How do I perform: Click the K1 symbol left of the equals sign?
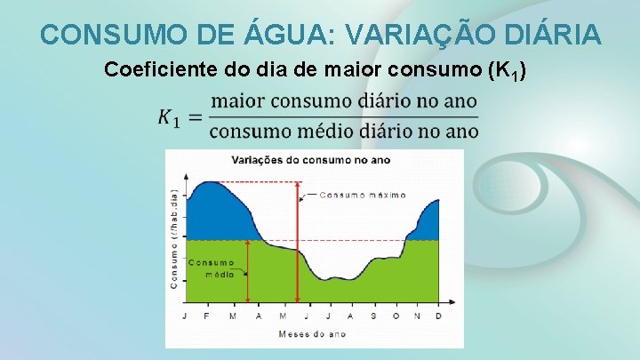click(169, 116)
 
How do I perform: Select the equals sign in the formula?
click(195, 116)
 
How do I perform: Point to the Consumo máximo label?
click(362, 194)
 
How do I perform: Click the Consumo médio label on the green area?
click(212, 268)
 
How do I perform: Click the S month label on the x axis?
click(372, 316)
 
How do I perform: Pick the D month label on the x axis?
click(439, 316)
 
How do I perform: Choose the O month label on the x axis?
click(394, 316)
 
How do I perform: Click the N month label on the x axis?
click(416, 316)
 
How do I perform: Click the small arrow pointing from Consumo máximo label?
click(309, 194)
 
